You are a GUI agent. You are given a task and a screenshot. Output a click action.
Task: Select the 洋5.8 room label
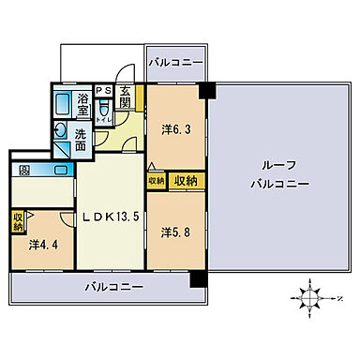point(173,231)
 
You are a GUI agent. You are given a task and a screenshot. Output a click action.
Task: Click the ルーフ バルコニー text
point(278,175)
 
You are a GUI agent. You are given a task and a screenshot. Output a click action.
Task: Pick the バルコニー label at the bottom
point(111,286)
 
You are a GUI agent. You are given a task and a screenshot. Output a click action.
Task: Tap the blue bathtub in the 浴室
point(64,104)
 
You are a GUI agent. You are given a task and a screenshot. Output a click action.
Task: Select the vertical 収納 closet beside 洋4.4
point(18,222)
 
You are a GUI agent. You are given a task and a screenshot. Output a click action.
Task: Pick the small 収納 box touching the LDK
point(156,181)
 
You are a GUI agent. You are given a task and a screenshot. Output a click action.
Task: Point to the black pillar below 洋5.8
point(197,279)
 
